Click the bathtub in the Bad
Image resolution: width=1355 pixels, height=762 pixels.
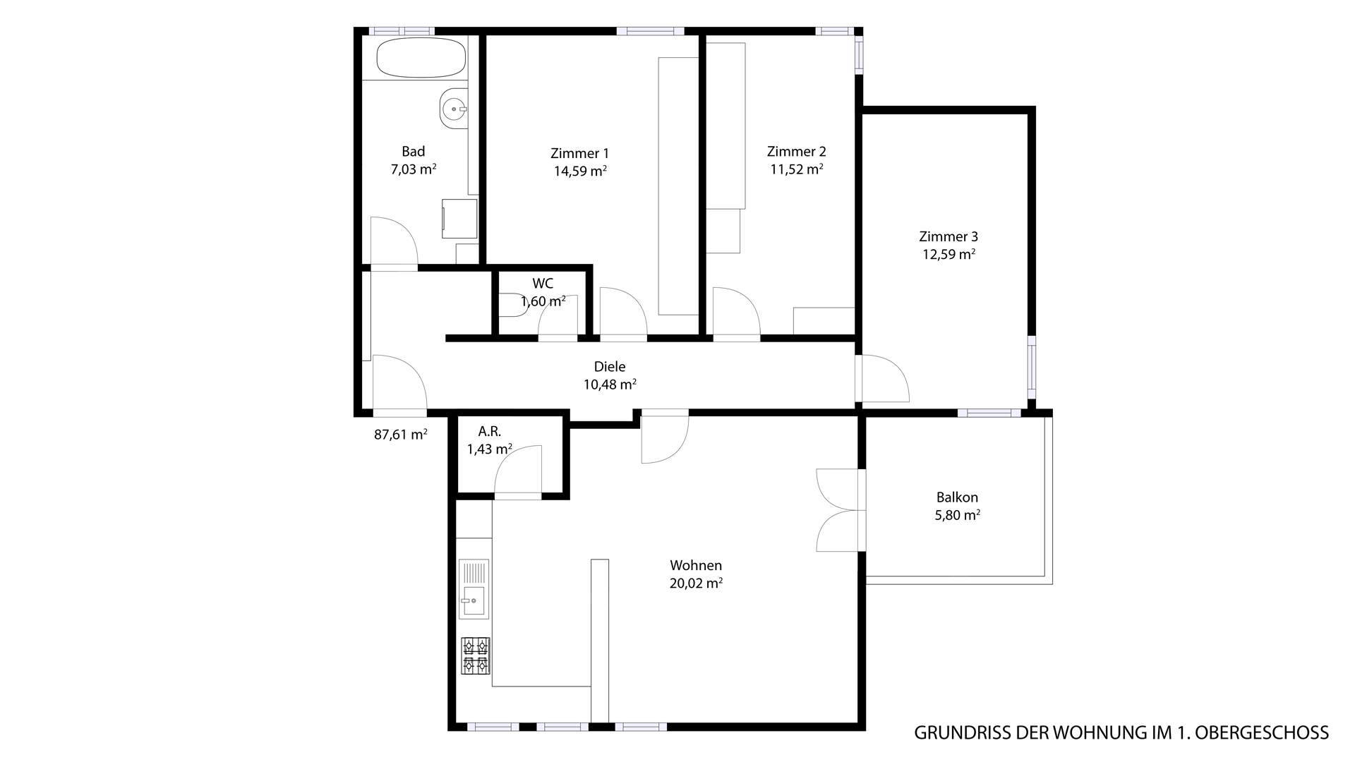(421, 58)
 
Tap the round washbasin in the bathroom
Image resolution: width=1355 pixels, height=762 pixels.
(454, 109)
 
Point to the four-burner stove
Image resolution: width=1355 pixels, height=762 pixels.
(476, 656)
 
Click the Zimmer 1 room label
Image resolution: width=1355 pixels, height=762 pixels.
(579, 153)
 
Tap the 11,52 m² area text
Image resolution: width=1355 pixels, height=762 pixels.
(797, 169)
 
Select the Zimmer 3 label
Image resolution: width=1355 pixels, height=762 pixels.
(948, 237)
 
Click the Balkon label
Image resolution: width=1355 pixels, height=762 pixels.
(957, 497)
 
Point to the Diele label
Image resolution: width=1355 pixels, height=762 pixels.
(610, 367)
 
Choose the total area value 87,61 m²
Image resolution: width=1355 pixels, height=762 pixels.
(401, 435)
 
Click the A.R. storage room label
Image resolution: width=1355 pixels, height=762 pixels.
(490, 431)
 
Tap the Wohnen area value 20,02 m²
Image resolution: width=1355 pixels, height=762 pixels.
(696, 583)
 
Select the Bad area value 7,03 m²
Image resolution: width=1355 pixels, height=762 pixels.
(414, 169)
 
